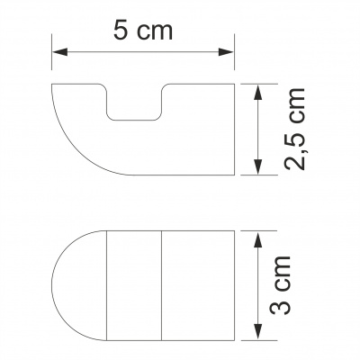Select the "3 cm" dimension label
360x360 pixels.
point(291,285)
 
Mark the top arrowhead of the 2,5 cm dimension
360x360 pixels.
point(259,90)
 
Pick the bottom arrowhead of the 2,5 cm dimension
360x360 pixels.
point(259,171)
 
